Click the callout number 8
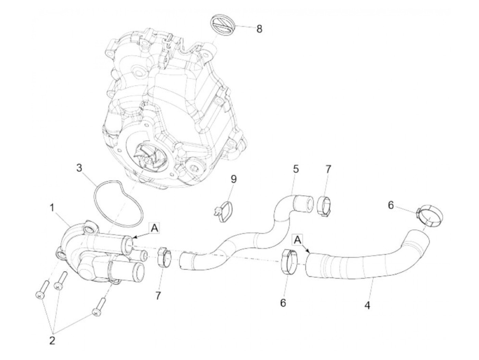pos(259,29)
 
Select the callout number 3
pos(79,168)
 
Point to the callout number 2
pos(52,340)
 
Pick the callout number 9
pos(234,179)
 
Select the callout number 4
pos(367,305)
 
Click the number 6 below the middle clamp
pos(283,303)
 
